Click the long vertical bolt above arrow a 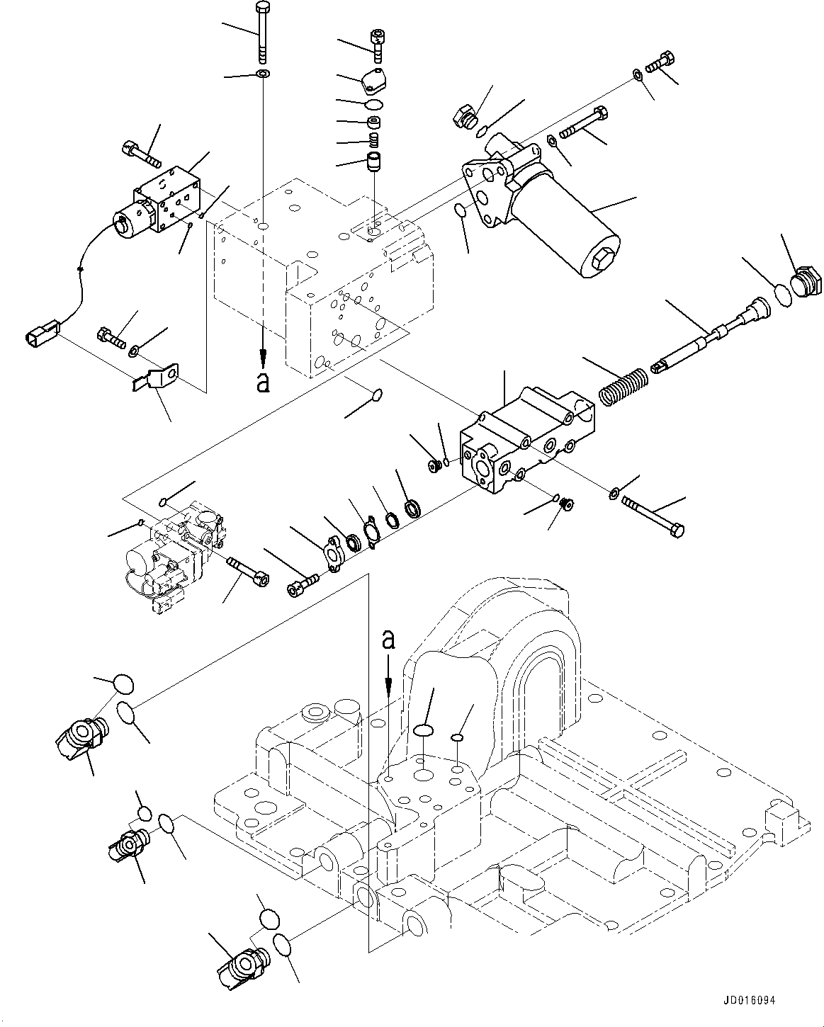click(263, 32)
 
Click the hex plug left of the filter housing click(464, 116)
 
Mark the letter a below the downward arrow click(263, 382)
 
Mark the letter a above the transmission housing click(387, 640)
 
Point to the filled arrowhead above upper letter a click(263, 358)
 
